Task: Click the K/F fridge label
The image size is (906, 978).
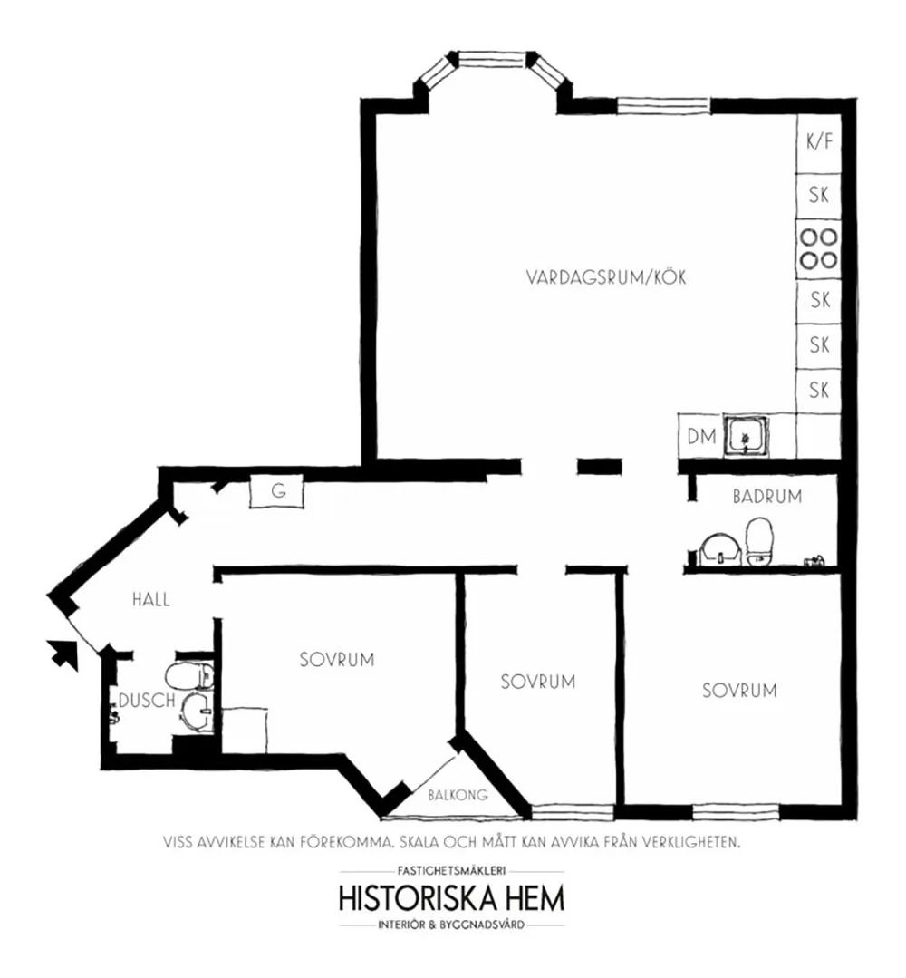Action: pos(819,141)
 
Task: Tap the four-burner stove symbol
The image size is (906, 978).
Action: pos(819,248)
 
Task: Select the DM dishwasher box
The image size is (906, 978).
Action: pos(701,436)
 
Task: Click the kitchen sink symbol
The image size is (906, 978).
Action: pos(746,435)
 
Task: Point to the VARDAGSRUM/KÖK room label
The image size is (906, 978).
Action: pos(606,277)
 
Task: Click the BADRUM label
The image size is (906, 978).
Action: pos(767,497)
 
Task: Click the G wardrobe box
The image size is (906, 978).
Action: pos(277,491)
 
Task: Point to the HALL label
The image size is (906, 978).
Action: pos(151,600)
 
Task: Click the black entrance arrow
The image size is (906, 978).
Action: pos(63,655)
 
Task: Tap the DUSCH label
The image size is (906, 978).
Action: pos(147,701)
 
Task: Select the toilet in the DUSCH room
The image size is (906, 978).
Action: pos(189,676)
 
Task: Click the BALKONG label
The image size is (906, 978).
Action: pos(458,795)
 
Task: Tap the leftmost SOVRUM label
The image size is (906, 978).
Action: pos(337,660)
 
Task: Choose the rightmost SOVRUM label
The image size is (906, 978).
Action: pos(739,691)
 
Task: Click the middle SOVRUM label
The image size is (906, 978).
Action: pos(538,682)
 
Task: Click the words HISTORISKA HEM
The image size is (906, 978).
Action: pos(452,898)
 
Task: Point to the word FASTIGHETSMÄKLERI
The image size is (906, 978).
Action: pos(451,871)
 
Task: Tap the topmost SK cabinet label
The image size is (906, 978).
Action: pos(819,195)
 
